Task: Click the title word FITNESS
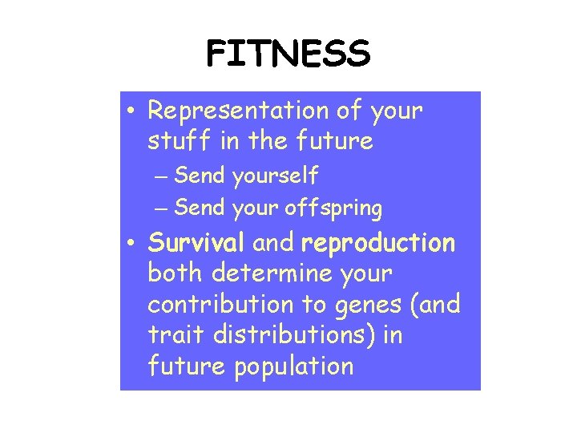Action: tap(288, 54)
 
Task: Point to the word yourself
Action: tap(275, 175)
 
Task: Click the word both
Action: tap(176, 273)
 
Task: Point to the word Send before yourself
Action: tap(200, 175)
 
